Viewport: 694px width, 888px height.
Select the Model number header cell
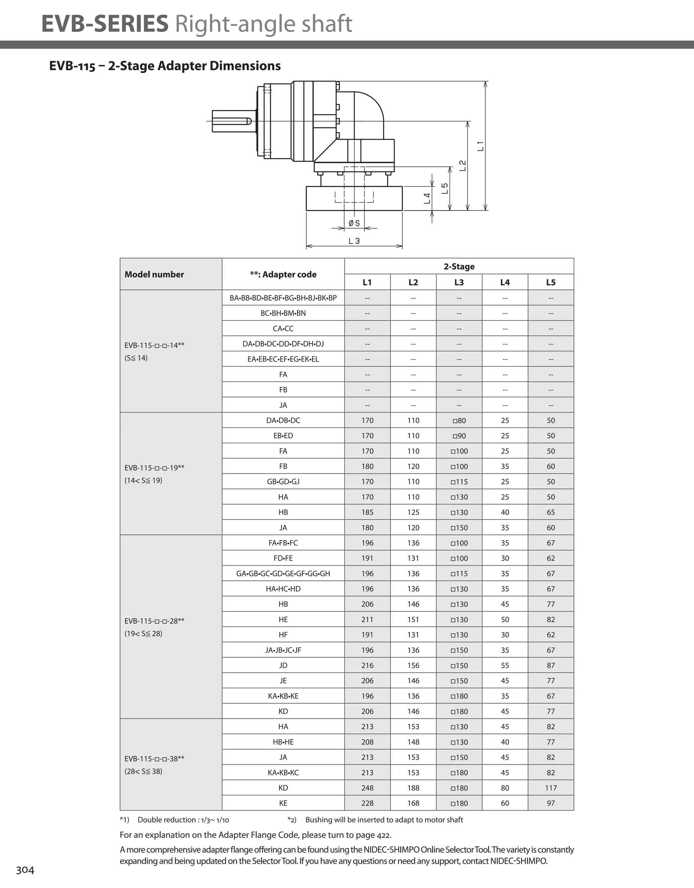(154, 275)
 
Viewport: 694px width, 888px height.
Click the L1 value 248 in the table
(367, 788)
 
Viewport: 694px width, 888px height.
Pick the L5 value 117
(550, 788)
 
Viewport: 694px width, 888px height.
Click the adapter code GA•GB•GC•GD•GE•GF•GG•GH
(283, 573)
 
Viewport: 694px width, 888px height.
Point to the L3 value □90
(459, 436)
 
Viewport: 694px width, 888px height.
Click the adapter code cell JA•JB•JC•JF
(283, 650)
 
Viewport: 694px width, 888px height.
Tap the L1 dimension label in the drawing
(480, 146)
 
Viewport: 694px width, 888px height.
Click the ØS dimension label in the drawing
(354, 223)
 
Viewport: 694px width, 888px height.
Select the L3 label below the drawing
(354, 241)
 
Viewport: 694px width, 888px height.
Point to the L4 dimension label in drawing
(427, 198)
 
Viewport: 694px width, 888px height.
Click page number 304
(25, 870)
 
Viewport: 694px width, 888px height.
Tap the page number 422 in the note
(383, 835)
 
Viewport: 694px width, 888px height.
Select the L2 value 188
(413, 788)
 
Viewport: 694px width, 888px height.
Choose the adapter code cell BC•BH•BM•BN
(283, 313)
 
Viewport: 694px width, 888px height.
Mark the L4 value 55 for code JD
(505, 666)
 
